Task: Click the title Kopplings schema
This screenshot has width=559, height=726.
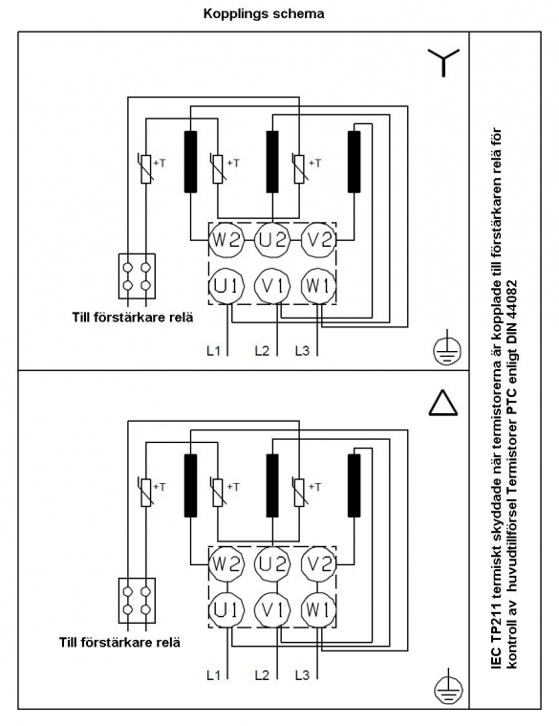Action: [x=264, y=13]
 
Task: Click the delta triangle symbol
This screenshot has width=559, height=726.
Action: [x=443, y=402]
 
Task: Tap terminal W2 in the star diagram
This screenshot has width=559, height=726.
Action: [x=226, y=240]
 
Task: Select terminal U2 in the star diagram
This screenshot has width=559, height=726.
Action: [x=272, y=240]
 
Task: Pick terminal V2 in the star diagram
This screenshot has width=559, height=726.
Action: [x=318, y=240]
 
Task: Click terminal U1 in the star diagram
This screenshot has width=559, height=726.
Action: [x=226, y=286]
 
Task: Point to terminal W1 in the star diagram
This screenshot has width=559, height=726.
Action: [x=318, y=286]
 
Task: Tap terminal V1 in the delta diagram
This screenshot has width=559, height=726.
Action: [x=272, y=610]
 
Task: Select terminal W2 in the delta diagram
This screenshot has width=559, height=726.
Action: [x=226, y=564]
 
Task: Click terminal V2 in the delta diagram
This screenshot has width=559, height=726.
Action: [x=318, y=564]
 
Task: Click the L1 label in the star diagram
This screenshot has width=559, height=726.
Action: [x=213, y=350]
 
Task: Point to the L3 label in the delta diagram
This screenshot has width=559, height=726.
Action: [x=302, y=675]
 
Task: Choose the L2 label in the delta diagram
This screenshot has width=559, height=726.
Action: [x=262, y=675]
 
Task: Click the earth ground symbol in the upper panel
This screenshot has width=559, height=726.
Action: [x=447, y=349]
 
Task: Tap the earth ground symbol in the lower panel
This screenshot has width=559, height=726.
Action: [x=447, y=687]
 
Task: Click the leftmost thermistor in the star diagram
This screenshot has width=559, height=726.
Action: [x=145, y=169]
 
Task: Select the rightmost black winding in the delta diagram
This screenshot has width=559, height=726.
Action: [x=355, y=485]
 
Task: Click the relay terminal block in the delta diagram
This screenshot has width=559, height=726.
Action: [x=137, y=600]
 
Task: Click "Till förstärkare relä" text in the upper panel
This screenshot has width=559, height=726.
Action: [x=133, y=318]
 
